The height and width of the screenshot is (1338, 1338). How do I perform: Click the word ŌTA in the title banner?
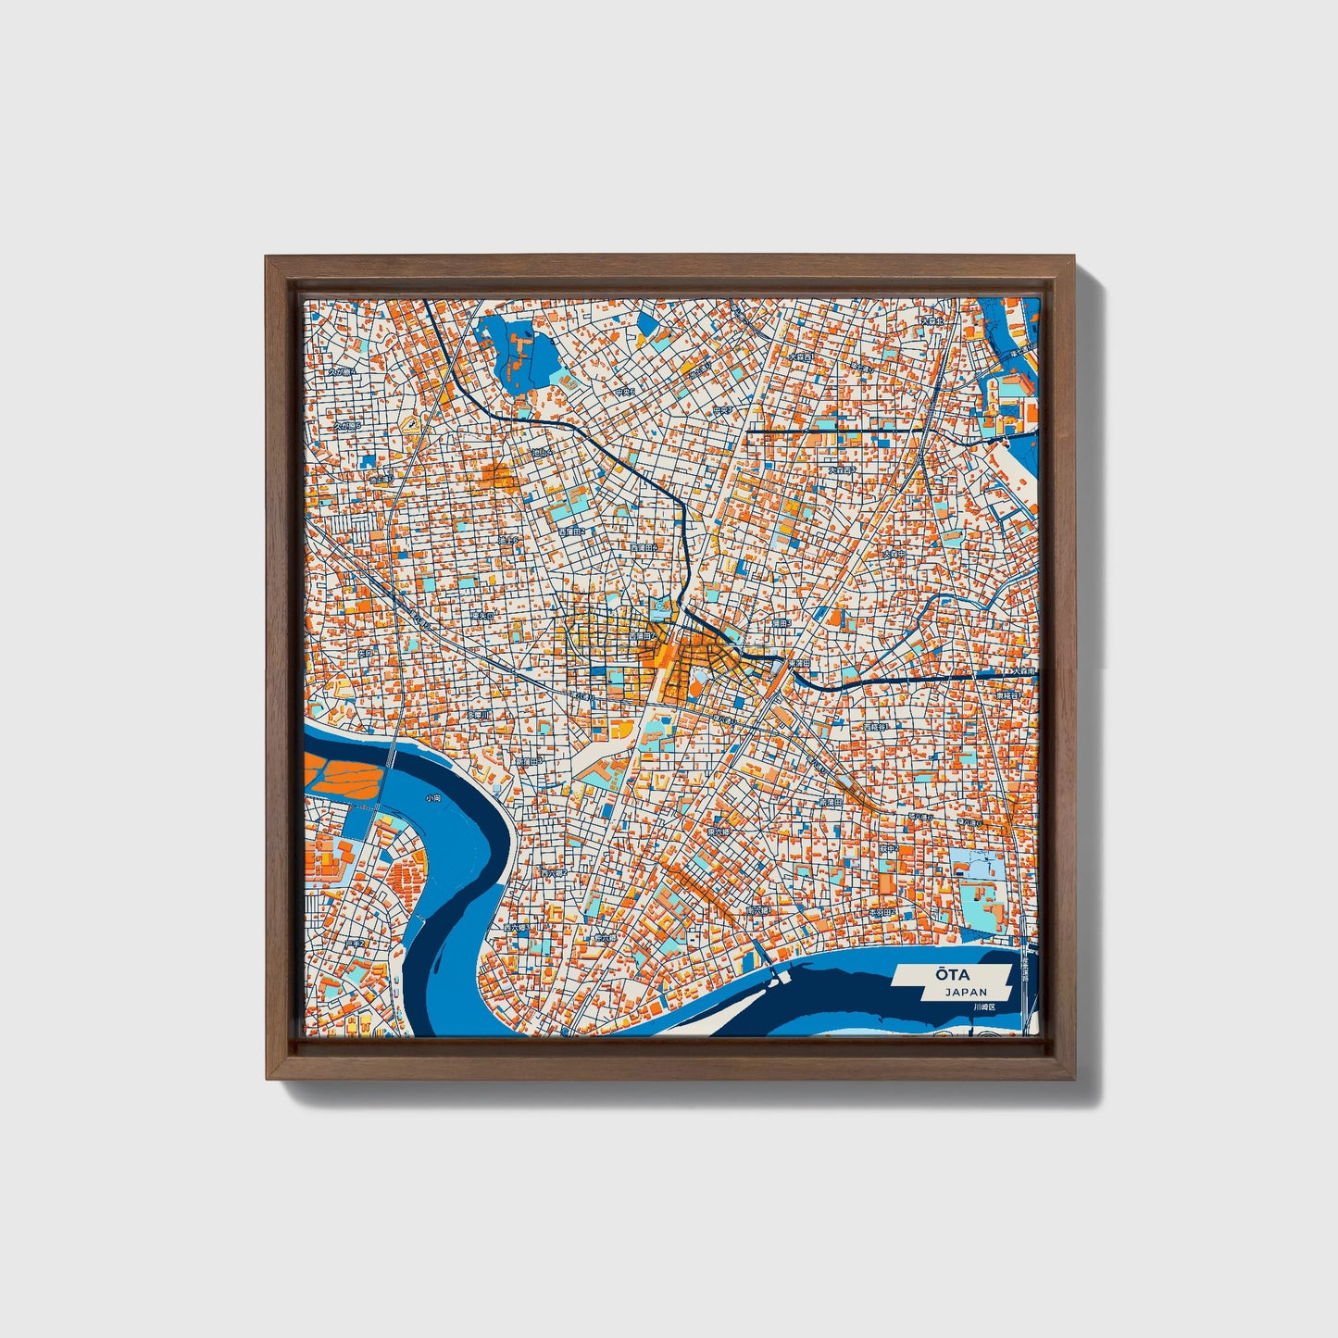pos(946,974)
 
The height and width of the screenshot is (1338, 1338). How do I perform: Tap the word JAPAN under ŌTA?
pos(966,993)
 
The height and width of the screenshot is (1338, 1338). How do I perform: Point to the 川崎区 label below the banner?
pos(982,1007)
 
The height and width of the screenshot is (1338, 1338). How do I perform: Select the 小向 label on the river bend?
pos(432,797)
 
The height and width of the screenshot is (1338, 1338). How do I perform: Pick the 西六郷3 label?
pos(516,927)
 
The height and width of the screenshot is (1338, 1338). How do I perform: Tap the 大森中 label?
pos(894,554)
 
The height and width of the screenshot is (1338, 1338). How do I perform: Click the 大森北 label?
pos(931,321)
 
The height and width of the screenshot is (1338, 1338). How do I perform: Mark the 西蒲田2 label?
pos(575,533)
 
